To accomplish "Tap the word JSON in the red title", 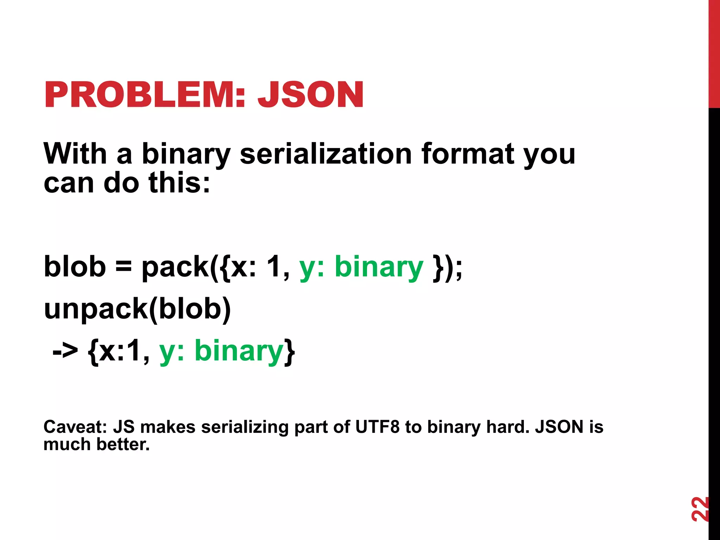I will point(310,95).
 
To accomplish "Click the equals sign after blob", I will point(123,266).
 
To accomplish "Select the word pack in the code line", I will point(175,267).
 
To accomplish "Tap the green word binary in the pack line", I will point(379,267).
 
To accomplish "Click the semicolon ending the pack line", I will point(459,269).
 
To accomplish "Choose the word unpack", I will point(96,309).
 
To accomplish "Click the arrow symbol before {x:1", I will point(65,351).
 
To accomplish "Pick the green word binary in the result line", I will point(239,351).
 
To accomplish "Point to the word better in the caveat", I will point(123,444).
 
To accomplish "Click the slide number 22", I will point(700,509).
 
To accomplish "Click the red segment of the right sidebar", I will point(714,53).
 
